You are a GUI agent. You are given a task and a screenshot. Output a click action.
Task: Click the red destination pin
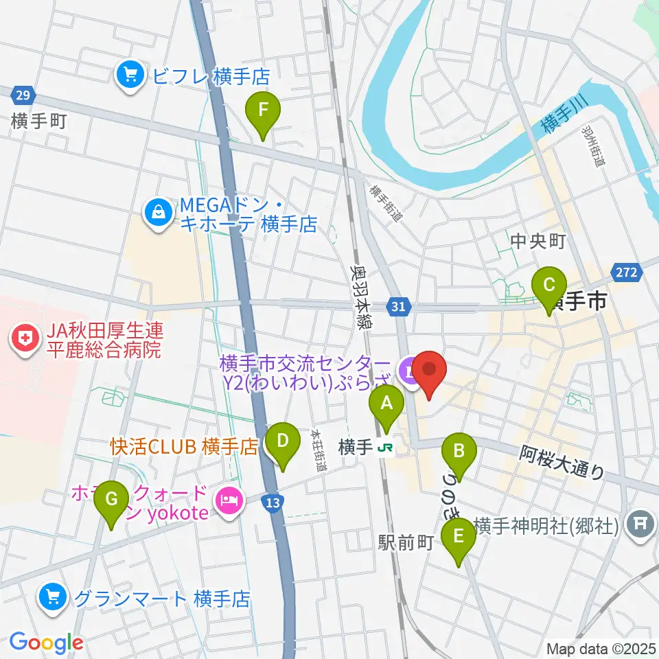click(x=430, y=371)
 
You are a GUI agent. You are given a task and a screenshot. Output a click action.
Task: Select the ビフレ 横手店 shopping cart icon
click(x=129, y=76)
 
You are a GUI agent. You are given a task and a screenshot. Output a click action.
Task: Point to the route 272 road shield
click(x=627, y=273)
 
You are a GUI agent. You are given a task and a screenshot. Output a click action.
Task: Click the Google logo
click(x=47, y=643)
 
